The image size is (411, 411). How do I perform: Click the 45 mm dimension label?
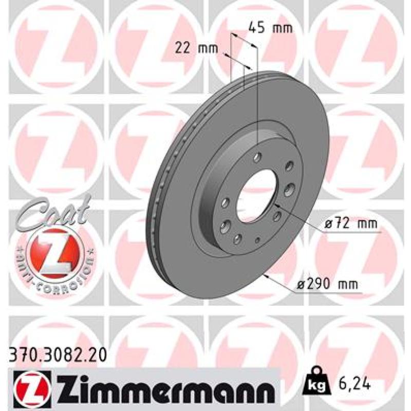tap(270, 28)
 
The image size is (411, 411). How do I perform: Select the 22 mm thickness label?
tap(196, 48)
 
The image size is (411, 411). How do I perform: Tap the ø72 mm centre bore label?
tap(350, 223)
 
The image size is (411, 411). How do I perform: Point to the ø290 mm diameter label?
tap(327, 284)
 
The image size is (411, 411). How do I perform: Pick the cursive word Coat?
tap(55, 212)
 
